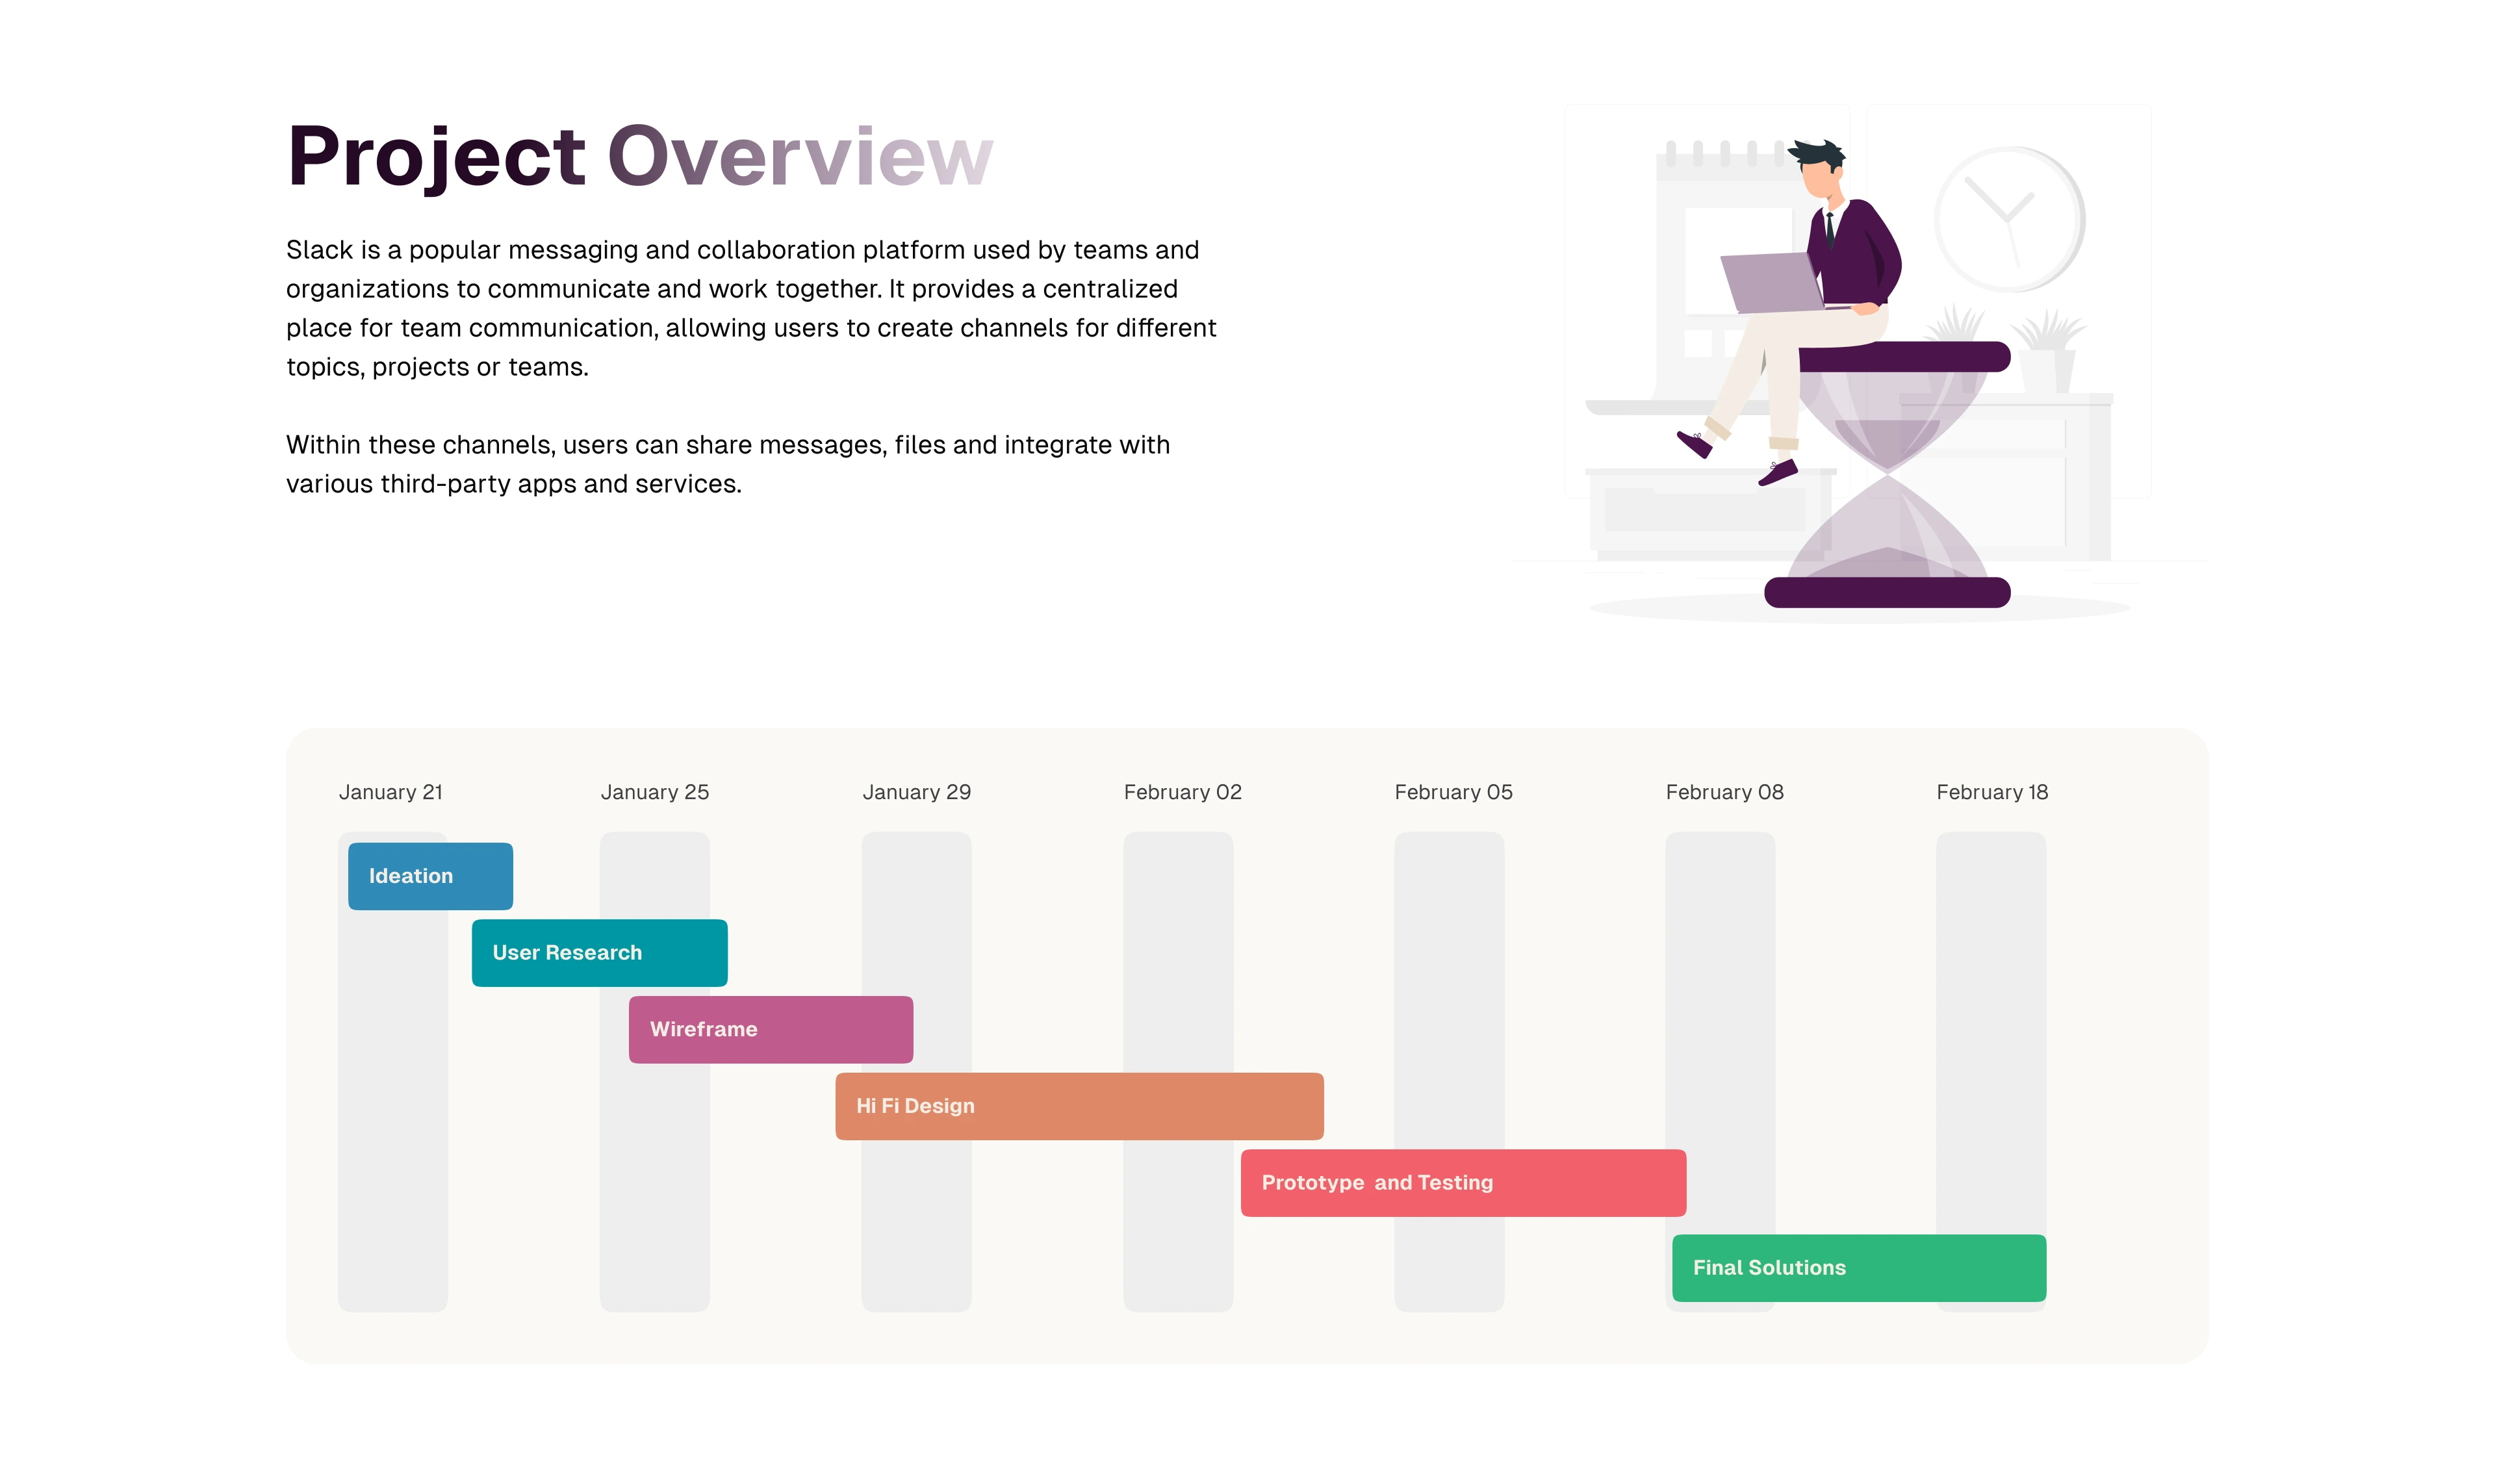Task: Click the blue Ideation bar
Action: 431,876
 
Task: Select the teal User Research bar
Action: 600,952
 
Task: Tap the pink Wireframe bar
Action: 771,1030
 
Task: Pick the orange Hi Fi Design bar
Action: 1079,1106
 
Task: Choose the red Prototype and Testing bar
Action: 1463,1183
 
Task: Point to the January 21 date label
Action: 391,792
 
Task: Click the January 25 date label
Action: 654,792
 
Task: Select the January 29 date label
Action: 917,792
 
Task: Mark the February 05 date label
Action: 1453,792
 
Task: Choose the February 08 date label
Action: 1724,792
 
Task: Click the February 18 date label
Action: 1992,792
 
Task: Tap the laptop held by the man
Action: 1772,282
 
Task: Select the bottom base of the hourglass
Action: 1887,592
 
